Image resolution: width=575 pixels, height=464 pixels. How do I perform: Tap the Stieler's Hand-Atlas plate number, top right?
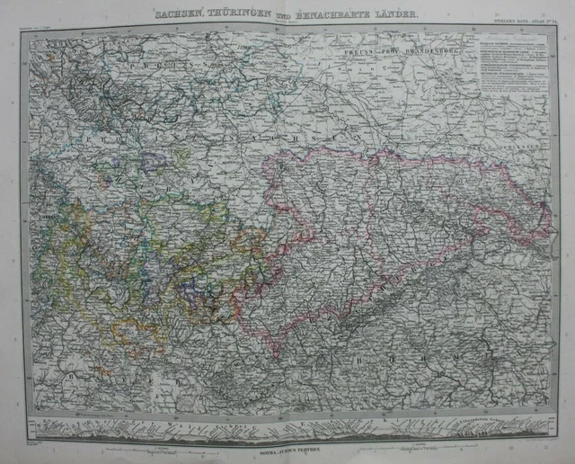(525, 24)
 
